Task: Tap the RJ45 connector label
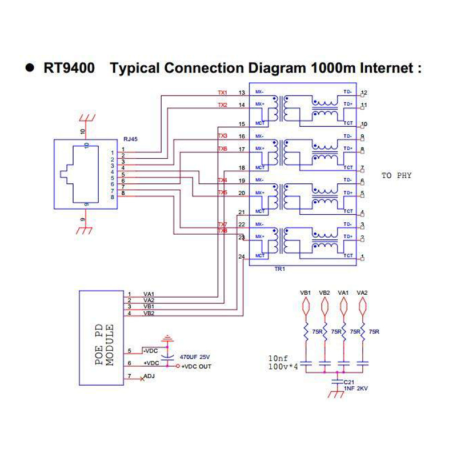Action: (x=130, y=139)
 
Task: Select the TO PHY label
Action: (x=396, y=175)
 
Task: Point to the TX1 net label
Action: (x=223, y=93)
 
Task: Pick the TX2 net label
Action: (x=223, y=105)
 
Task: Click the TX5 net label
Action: (x=223, y=193)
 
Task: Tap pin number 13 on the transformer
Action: (x=242, y=93)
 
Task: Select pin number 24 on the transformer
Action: (x=242, y=256)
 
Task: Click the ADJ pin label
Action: (x=149, y=376)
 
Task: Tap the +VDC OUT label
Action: (x=196, y=366)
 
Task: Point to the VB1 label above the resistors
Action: (x=306, y=293)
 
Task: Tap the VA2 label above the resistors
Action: (x=362, y=293)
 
